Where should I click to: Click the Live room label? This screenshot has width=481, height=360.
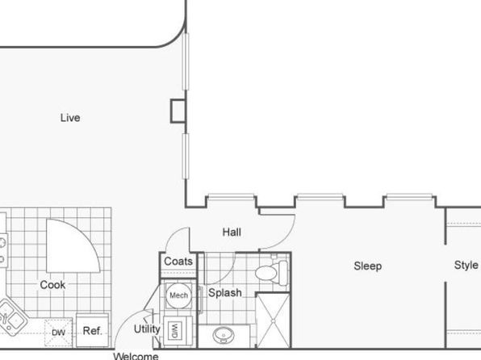(x=70, y=118)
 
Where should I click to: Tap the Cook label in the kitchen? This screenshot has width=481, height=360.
(x=52, y=285)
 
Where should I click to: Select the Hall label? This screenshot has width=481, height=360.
(x=232, y=232)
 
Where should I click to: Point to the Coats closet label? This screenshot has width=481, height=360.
(x=178, y=262)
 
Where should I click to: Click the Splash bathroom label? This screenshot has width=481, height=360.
(x=225, y=292)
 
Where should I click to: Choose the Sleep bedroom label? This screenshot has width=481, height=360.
(x=367, y=266)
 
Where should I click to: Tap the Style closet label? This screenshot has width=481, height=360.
(x=466, y=265)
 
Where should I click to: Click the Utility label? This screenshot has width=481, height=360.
(x=147, y=329)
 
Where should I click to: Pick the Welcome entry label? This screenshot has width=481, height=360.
(x=136, y=356)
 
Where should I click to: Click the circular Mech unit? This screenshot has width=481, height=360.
(x=178, y=295)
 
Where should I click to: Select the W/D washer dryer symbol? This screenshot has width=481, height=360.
(x=174, y=331)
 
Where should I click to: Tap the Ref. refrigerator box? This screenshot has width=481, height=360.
(x=92, y=330)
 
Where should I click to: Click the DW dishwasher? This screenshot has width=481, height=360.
(x=58, y=333)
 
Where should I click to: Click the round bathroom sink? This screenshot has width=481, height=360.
(x=224, y=335)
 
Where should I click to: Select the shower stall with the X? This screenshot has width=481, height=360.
(x=273, y=320)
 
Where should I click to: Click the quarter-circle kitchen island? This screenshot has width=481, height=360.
(x=73, y=246)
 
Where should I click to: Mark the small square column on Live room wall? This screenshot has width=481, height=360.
(x=178, y=111)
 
